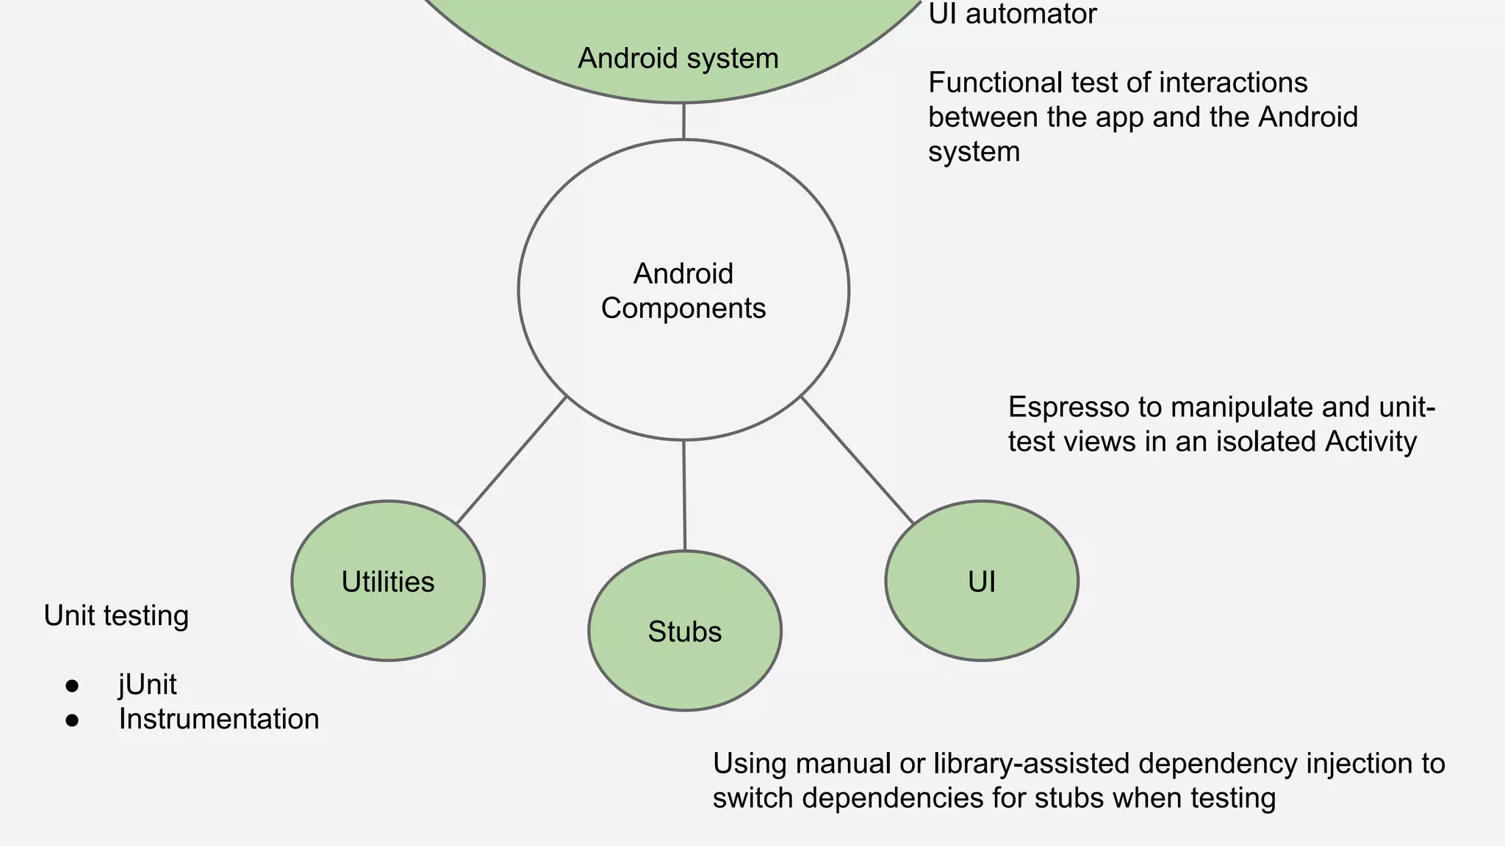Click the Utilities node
click(388, 581)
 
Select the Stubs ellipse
click(685, 631)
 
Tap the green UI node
click(982, 581)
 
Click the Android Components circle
click(683, 291)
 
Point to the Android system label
click(678, 58)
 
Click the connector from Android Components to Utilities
click(511, 460)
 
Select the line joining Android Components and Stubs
click(684, 496)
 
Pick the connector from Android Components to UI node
click(857, 460)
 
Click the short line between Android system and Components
click(683, 121)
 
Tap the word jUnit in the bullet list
click(148, 684)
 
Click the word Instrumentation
click(219, 719)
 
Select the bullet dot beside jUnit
click(72, 686)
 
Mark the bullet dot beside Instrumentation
click(72, 720)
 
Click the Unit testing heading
click(116, 615)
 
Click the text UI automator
click(1013, 13)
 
